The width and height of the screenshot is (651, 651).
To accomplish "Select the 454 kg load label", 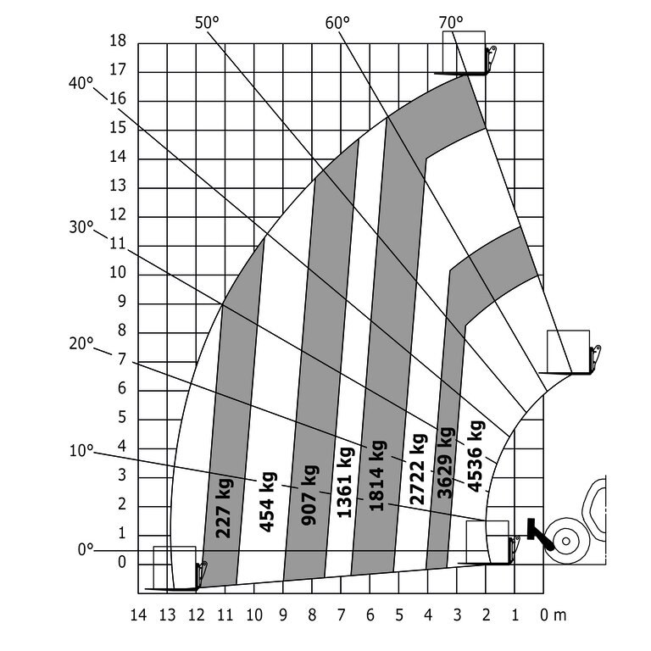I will point(268,501).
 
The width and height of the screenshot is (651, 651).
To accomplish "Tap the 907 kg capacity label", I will point(309,494).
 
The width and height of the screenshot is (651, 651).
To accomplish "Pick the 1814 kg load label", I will point(378,476).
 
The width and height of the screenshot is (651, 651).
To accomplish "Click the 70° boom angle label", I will point(452,22).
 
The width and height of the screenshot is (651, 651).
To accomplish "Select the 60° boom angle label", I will point(337,23).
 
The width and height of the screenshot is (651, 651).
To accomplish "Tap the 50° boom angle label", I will point(207,23).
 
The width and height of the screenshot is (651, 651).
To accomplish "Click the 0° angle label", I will point(86,549).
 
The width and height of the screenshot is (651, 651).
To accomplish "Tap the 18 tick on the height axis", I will point(118,41).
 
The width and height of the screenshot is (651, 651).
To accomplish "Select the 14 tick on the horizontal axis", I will point(138,614).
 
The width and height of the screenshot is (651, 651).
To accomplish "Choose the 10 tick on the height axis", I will point(118,273).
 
